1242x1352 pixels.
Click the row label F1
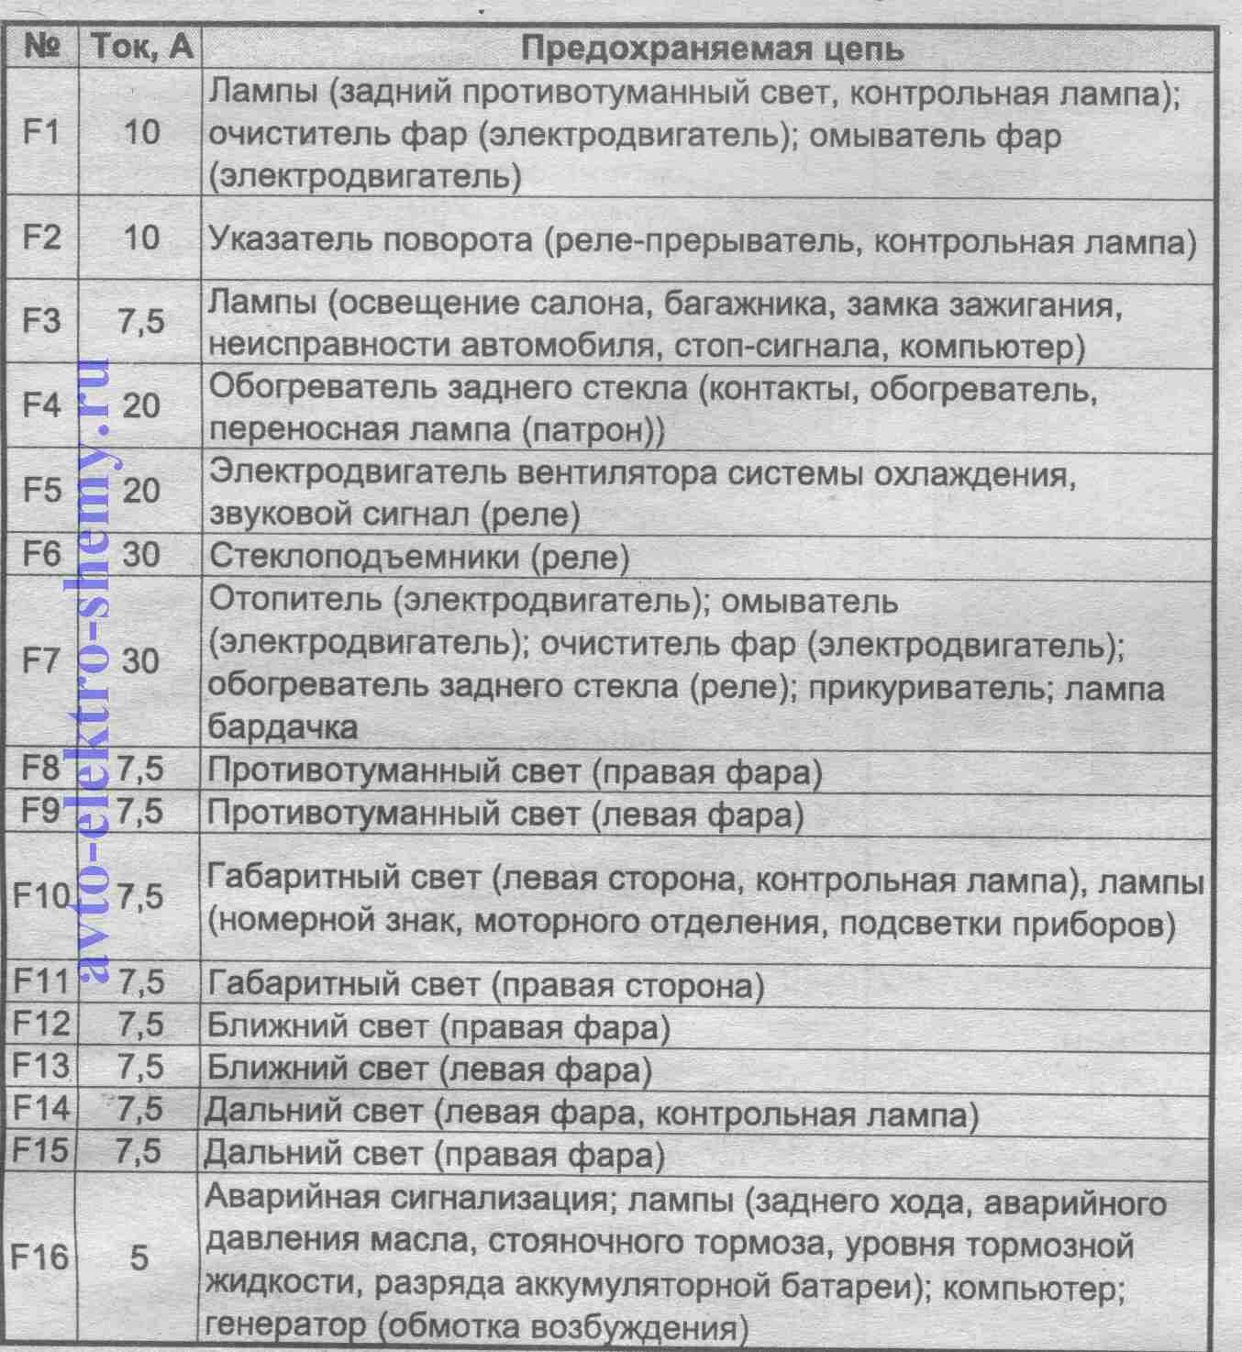tap(41, 133)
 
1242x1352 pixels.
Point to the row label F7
tap(41, 661)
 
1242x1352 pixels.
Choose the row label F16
tap(39, 1257)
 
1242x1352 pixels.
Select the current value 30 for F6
tap(140, 555)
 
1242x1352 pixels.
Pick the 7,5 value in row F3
tap(141, 322)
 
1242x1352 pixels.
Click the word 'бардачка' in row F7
tap(283, 727)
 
